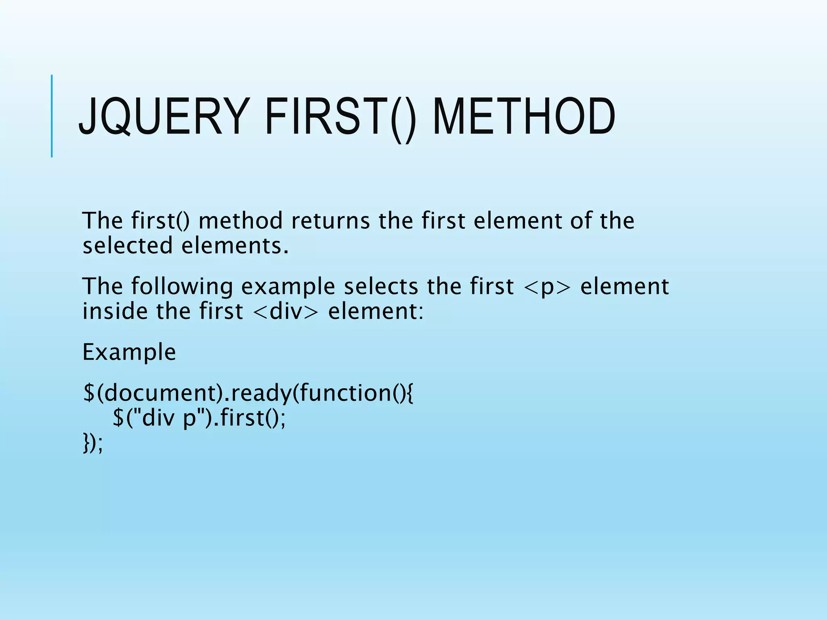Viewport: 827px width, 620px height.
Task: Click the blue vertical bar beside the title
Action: pyautogui.click(x=52, y=116)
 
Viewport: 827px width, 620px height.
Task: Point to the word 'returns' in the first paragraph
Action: pyautogui.click(x=330, y=221)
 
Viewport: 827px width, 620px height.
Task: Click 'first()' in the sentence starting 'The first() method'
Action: pyautogui.click(x=160, y=221)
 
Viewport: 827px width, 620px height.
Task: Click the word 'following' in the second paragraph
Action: pyautogui.click(x=182, y=287)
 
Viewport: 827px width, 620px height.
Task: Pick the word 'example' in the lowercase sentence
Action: pyautogui.click(x=288, y=287)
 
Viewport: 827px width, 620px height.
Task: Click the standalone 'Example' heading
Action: pyautogui.click(x=129, y=352)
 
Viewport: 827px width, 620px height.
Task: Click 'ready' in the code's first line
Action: pyautogui.click(x=260, y=393)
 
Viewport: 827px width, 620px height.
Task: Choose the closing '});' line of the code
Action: pyautogui.click(x=93, y=443)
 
